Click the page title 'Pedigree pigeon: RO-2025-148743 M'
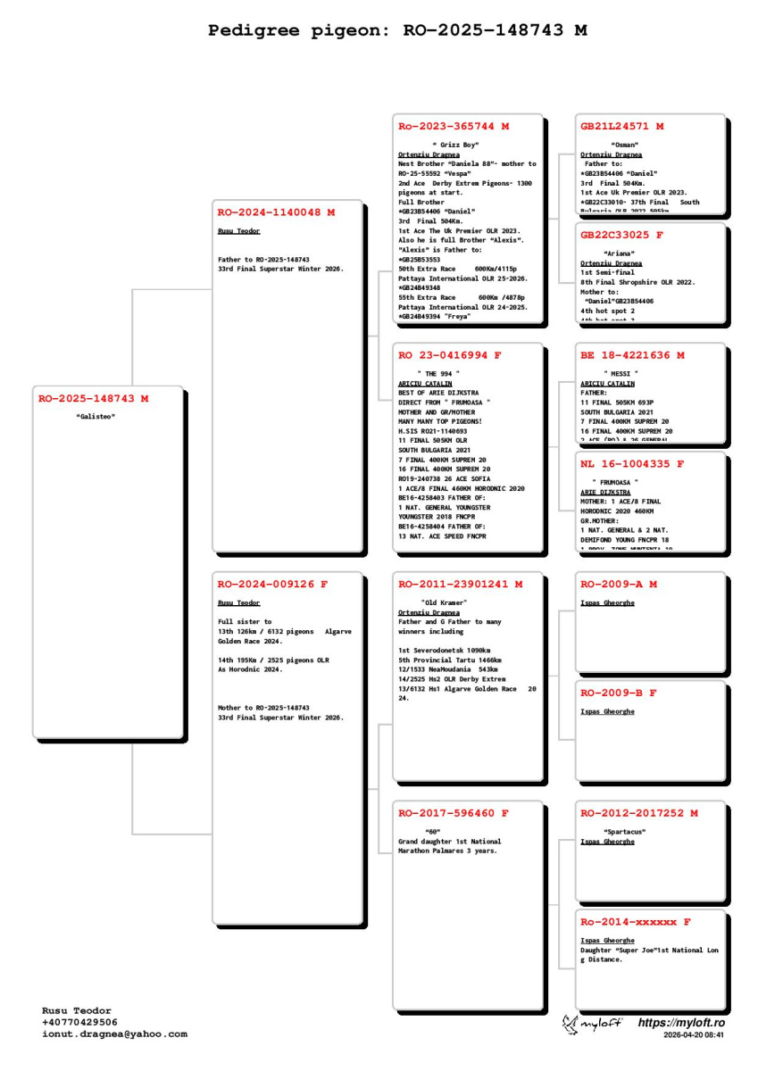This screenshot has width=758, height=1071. point(397,31)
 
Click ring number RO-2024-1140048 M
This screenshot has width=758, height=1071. point(276,212)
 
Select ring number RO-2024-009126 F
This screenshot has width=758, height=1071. point(272,585)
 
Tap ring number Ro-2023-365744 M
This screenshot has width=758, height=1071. point(454,127)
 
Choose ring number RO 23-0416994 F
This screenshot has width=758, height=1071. point(450,355)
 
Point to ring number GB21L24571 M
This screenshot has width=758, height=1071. point(621,127)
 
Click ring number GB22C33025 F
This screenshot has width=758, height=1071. point(621,236)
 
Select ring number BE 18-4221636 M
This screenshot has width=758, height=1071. point(632,355)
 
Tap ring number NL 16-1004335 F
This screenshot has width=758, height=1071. point(632,464)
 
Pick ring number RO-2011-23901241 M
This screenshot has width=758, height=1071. point(460,585)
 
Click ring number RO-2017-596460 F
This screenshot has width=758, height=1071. point(454,813)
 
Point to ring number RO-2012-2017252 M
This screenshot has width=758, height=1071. point(639,813)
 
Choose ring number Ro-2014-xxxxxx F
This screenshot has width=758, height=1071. point(635,922)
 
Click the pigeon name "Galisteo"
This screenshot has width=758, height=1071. point(96,417)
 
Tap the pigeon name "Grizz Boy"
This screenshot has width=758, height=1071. point(455,145)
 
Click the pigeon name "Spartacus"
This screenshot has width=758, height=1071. point(625,832)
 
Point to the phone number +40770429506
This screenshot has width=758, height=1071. point(79,1022)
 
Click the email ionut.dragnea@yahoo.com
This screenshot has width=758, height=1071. point(114,1034)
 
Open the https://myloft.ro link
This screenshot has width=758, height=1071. point(681,1022)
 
